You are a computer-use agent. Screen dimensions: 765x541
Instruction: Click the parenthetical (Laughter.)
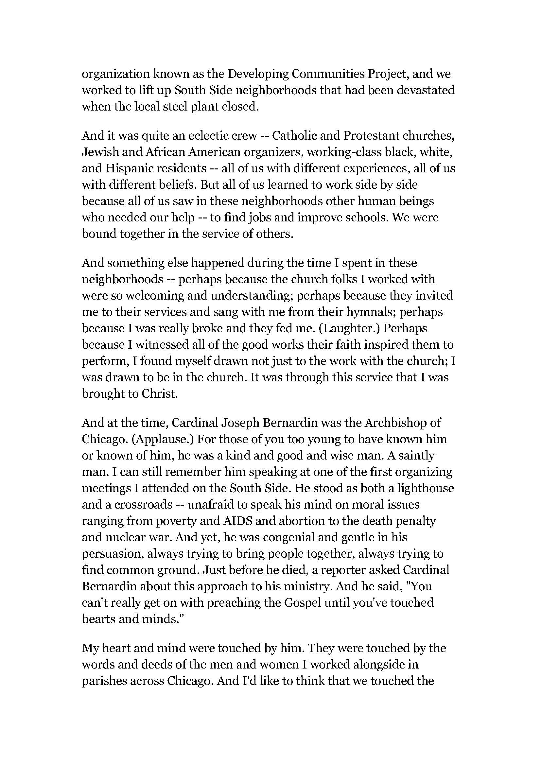349,328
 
